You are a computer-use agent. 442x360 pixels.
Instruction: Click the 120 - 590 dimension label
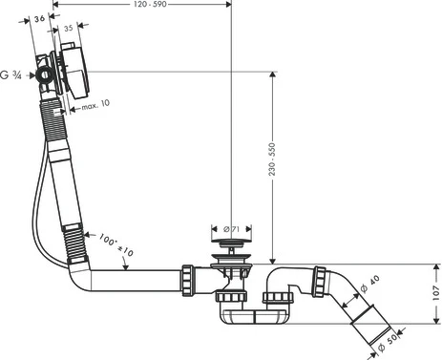click(150, 4)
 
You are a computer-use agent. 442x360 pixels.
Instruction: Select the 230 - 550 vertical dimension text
click(272, 159)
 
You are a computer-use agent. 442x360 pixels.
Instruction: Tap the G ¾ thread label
click(11, 75)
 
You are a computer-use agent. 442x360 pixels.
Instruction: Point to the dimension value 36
click(39, 19)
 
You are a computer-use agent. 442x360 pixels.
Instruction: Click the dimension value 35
click(69, 29)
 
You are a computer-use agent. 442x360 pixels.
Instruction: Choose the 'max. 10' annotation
click(95, 105)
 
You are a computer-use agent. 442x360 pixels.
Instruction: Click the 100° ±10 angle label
click(116, 244)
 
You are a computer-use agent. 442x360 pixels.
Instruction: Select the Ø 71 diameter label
click(231, 229)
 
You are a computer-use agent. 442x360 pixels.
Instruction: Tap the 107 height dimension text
click(436, 293)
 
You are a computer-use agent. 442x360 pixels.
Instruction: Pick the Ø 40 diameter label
click(369, 284)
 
